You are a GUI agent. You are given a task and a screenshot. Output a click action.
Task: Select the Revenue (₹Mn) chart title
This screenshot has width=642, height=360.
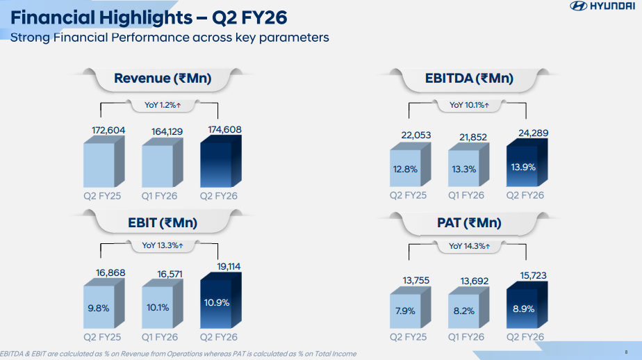163,79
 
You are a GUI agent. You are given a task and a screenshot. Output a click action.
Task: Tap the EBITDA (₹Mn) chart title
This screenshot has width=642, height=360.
469,79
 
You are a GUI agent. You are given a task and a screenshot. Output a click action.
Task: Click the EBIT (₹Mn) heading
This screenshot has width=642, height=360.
163,223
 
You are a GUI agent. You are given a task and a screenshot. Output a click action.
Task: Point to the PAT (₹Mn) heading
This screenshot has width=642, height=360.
469,223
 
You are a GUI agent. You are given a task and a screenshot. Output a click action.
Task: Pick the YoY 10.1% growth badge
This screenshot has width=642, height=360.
469,105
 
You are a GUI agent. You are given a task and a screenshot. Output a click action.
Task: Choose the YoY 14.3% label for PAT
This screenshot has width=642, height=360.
469,245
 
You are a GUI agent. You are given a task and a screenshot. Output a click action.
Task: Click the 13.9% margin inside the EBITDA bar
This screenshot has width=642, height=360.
523,168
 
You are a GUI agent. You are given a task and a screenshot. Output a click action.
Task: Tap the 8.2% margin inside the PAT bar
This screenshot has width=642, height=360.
465,311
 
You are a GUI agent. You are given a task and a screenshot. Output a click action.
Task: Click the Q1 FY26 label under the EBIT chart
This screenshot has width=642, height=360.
160,337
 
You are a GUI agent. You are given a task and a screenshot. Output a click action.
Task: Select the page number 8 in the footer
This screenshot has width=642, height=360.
626,352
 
